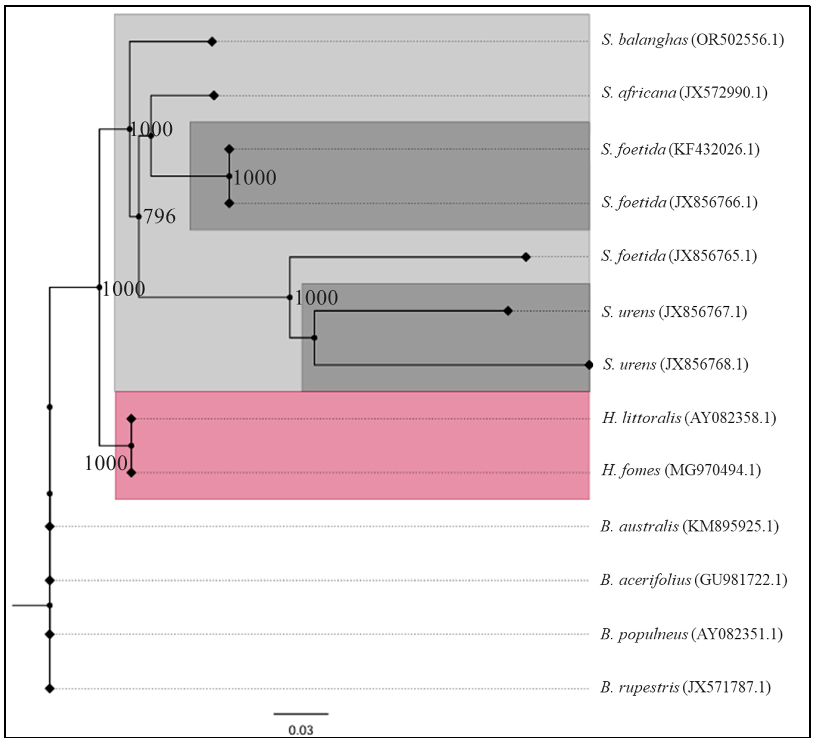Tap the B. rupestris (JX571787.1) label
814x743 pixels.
pyautogui.click(x=685, y=687)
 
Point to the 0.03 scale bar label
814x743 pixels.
pyautogui.click(x=301, y=730)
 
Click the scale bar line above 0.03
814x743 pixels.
pyautogui.click(x=301, y=714)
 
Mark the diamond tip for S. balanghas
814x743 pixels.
pyautogui.click(x=212, y=41)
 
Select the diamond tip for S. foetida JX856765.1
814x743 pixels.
pyautogui.click(x=526, y=257)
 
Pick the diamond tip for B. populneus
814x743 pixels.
pyautogui.click(x=50, y=634)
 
